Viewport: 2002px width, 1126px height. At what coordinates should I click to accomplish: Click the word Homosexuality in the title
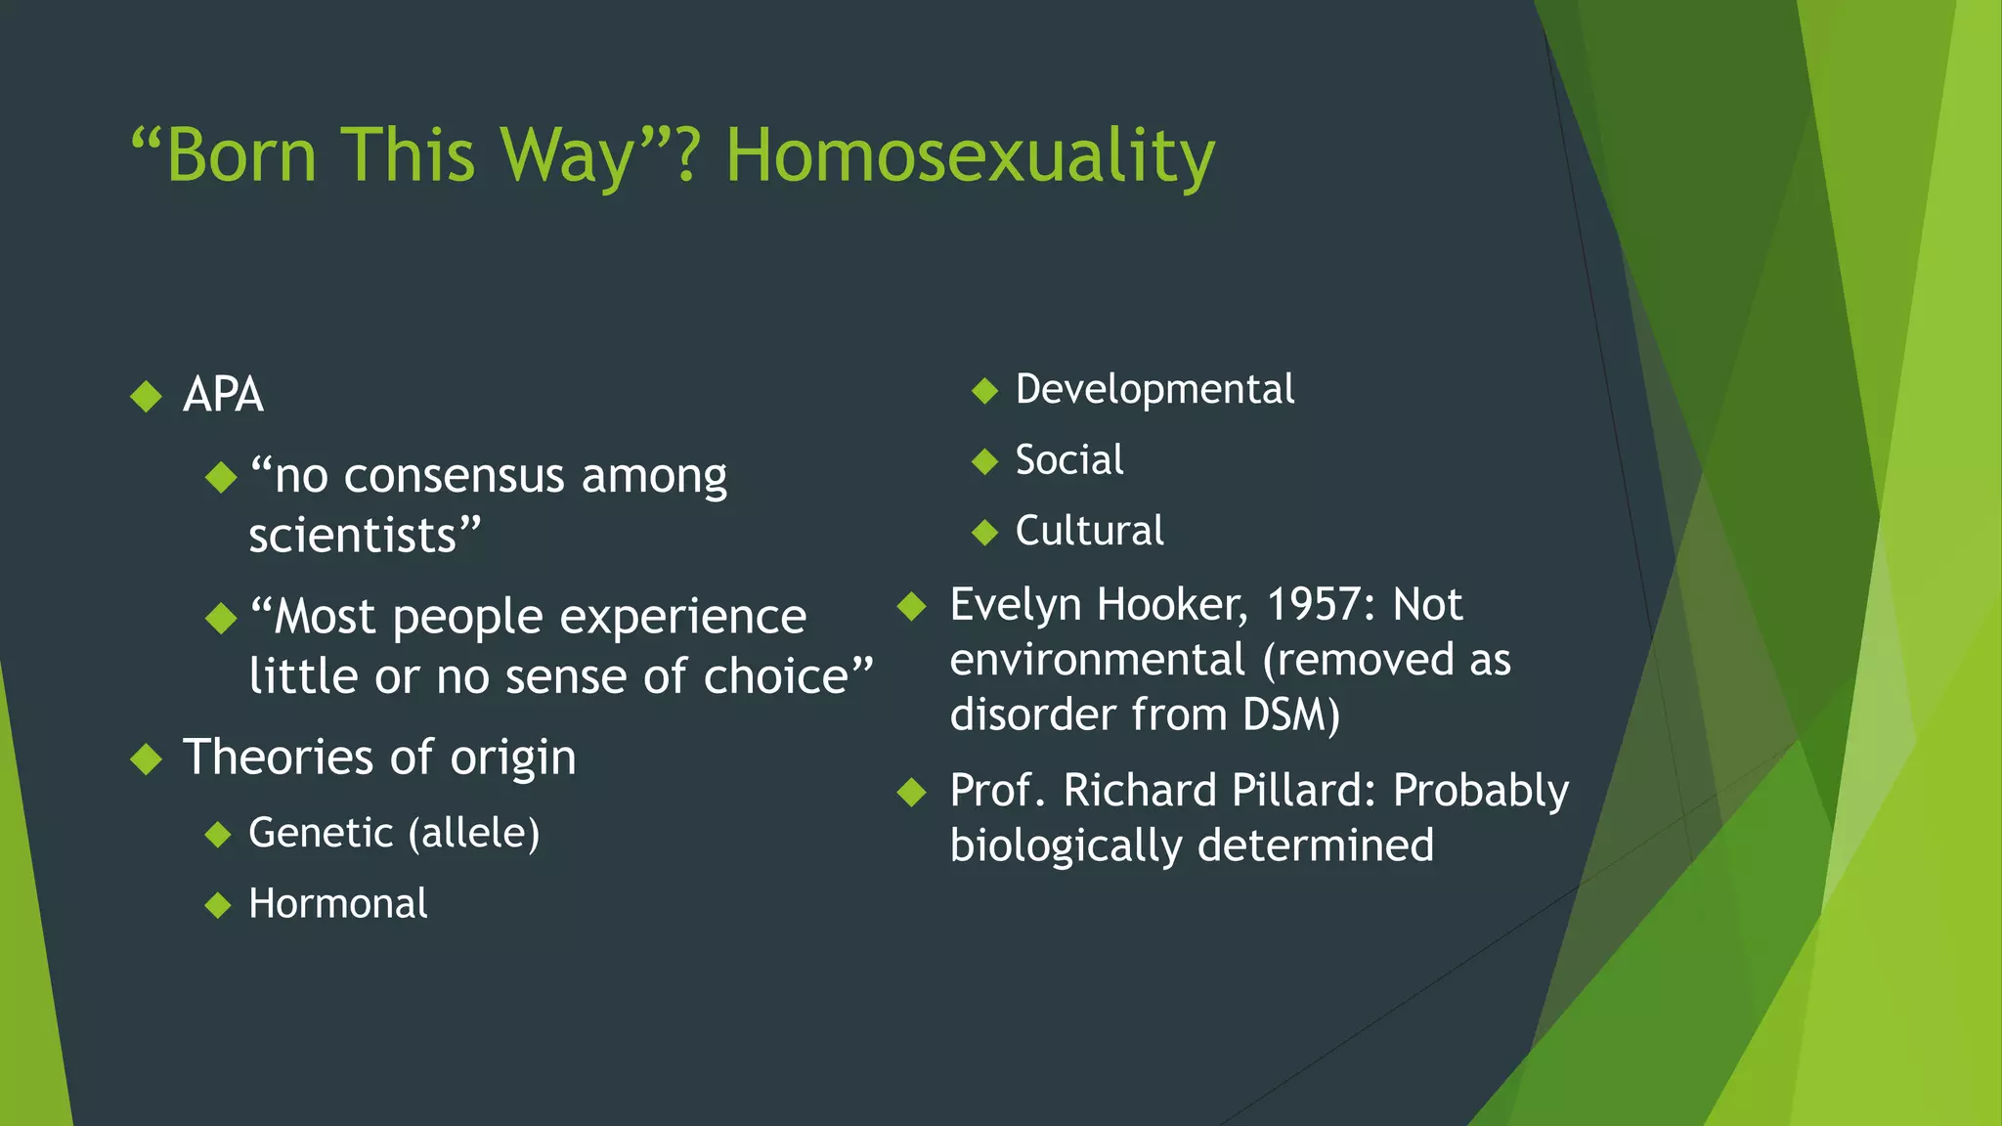[x=970, y=156]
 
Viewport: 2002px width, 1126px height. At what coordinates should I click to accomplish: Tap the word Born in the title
[x=240, y=156]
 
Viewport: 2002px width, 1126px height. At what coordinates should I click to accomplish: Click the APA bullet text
[x=223, y=396]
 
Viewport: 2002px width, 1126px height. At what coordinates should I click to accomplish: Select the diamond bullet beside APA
[x=147, y=396]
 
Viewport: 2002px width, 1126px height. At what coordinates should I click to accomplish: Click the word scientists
[x=353, y=537]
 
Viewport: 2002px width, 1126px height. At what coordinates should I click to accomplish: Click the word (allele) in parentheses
[x=474, y=834]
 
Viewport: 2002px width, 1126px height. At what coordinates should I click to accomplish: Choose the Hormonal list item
[x=338, y=904]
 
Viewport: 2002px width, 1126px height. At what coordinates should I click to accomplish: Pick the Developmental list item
[x=1154, y=390]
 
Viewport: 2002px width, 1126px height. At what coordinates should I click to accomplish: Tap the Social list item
[x=1069, y=460]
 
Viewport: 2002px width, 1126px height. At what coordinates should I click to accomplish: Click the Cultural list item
[x=1089, y=532]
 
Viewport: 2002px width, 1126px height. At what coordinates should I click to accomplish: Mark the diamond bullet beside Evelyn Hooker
[x=912, y=606]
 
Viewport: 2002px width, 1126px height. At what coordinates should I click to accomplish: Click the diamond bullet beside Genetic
[x=219, y=835]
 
